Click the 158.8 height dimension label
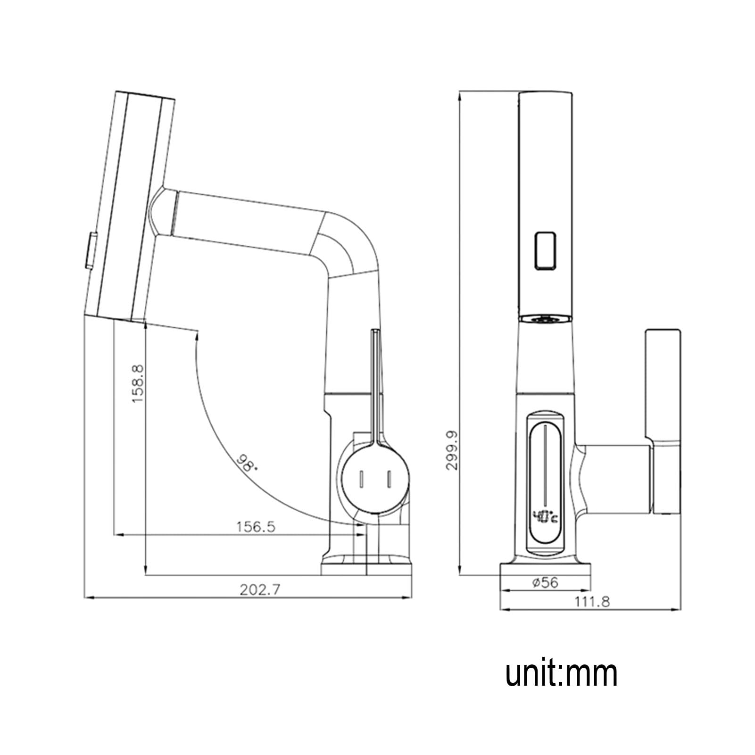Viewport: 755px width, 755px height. click(x=137, y=382)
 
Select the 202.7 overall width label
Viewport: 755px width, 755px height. click(x=260, y=589)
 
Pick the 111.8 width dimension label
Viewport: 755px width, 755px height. click(x=592, y=602)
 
